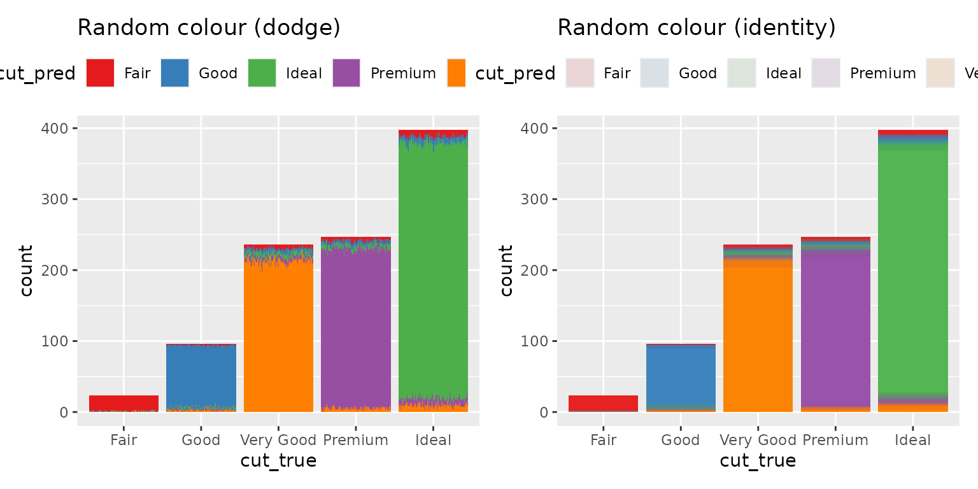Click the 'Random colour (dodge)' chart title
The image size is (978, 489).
pyautogui.click(x=209, y=28)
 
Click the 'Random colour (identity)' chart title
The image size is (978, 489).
pyautogui.click(x=697, y=28)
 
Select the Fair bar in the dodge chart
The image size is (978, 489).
pyautogui.click(x=124, y=404)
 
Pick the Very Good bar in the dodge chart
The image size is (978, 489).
pyautogui.click(x=278, y=331)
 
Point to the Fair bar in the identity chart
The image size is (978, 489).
pyautogui.click(x=603, y=404)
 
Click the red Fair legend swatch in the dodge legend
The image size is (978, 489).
pyautogui.click(x=100, y=73)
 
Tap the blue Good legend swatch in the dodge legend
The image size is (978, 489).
pyautogui.click(x=174, y=73)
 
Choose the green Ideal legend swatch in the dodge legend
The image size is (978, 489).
pyautogui.click(x=262, y=73)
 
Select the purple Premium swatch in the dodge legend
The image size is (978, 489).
pyautogui.click(x=346, y=73)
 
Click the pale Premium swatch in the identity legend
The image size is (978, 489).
pyautogui.click(x=826, y=73)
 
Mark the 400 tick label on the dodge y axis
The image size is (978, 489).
pyautogui.click(x=55, y=129)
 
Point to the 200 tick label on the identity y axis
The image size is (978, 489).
pyautogui.click(x=534, y=271)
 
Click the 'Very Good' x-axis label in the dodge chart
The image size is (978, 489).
pyautogui.click(x=278, y=440)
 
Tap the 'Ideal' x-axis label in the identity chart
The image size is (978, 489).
pyautogui.click(x=912, y=440)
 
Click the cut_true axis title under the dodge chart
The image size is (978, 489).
pyautogui.click(x=278, y=461)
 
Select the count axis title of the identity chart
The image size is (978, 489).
pyautogui.click(x=506, y=271)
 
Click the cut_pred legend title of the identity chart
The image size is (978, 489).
pyautogui.click(x=515, y=74)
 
